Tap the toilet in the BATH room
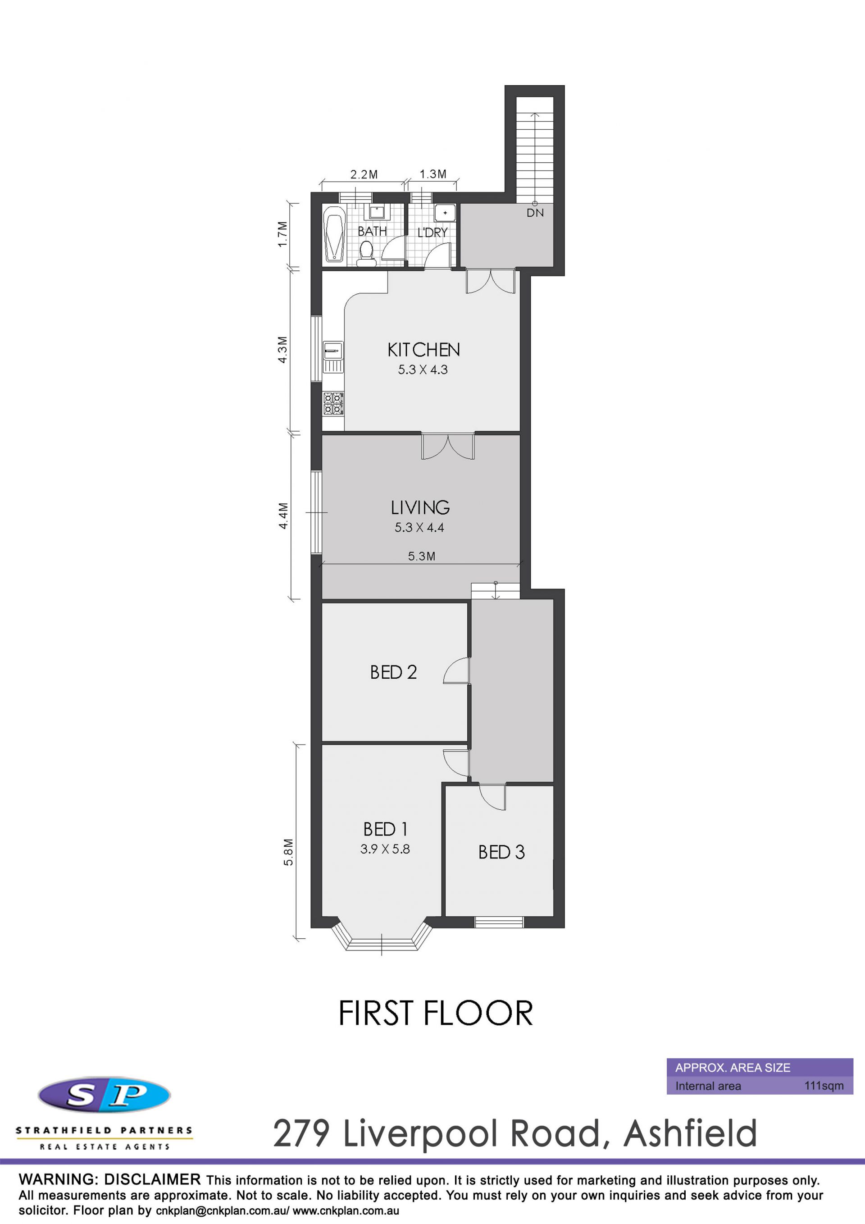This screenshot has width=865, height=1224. (366, 254)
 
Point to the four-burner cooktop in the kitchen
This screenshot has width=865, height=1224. (333, 403)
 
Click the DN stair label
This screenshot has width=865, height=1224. (535, 213)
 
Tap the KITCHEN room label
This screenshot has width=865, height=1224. (423, 350)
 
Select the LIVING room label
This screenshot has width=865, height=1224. (420, 507)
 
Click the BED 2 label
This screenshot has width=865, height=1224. (393, 672)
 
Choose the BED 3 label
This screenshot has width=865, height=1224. (501, 853)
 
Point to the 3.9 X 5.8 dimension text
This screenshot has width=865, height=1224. (385, 849)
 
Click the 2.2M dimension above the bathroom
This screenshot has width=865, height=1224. (364, 174)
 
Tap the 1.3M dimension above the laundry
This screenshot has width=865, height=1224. (433, 174)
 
